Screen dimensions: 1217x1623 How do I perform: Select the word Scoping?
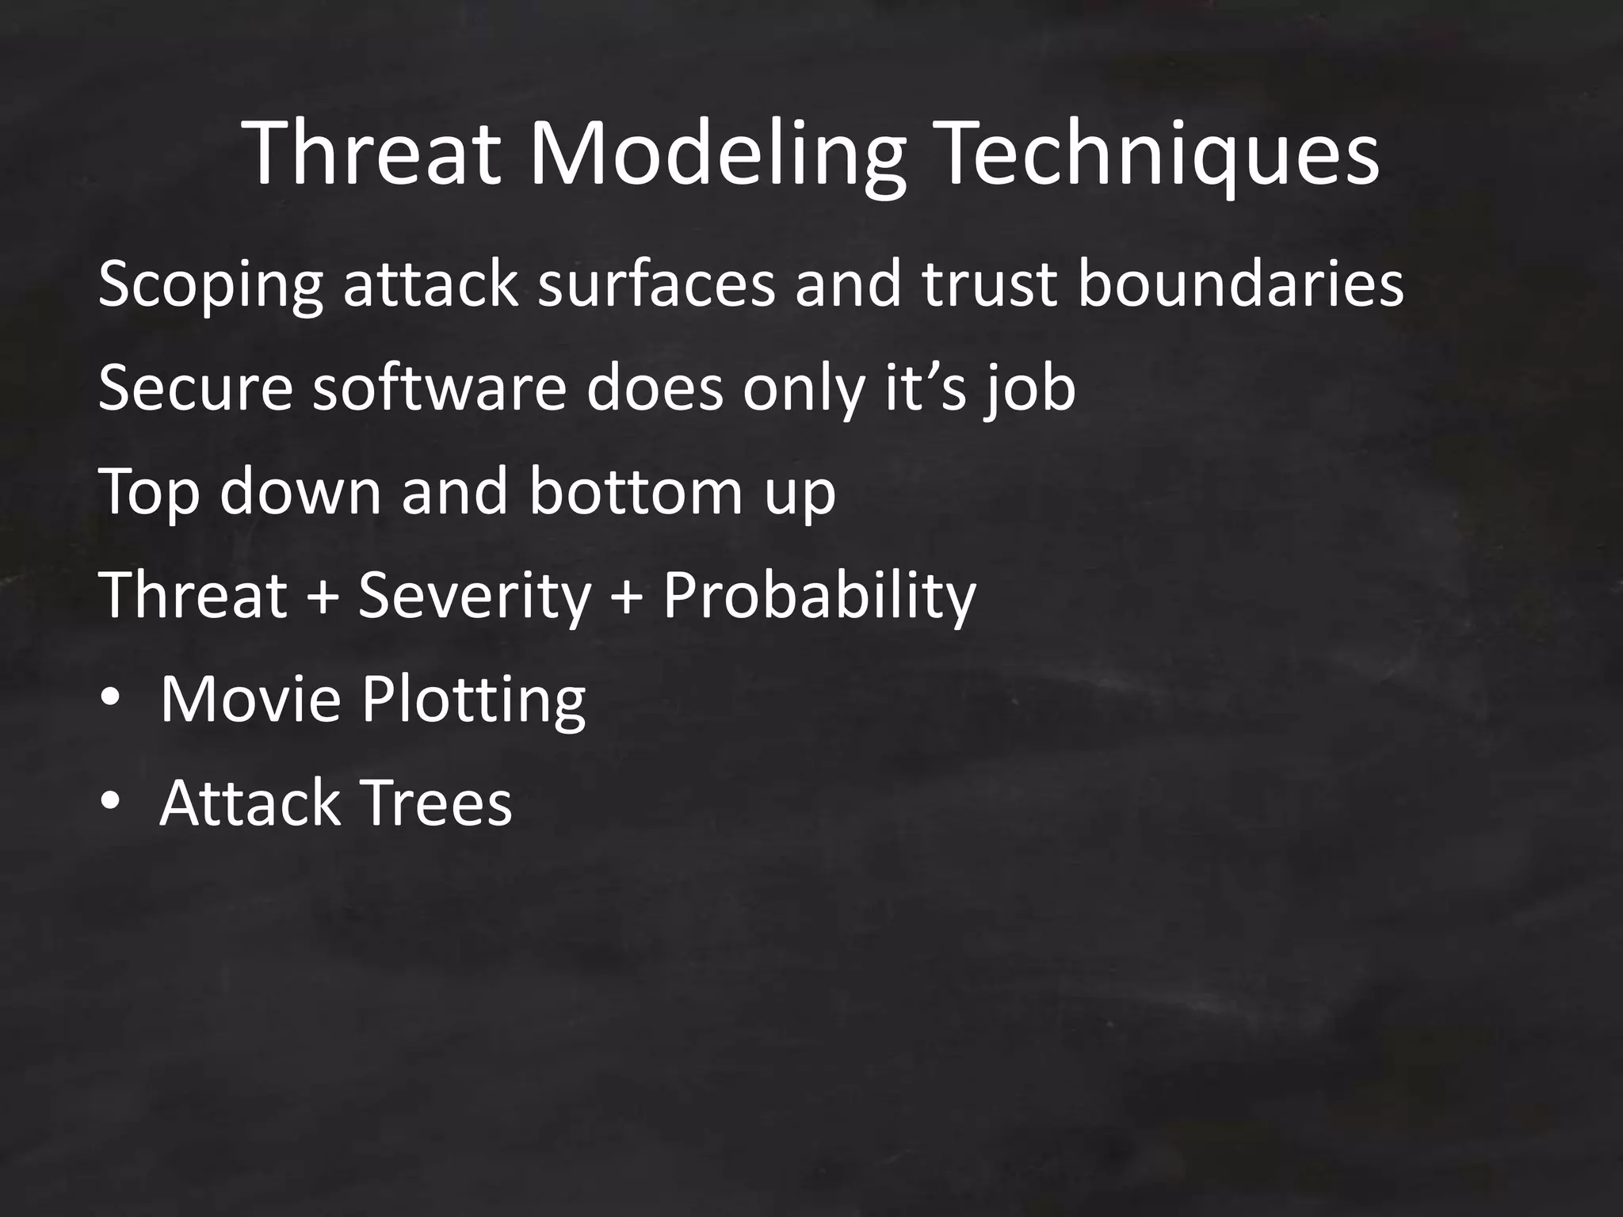pyautogui.click(x=210, y=285)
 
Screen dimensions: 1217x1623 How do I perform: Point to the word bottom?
pyautogui.click(x=634, y=492)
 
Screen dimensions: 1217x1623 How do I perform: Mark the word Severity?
pyautogui.click(x=475, y=596)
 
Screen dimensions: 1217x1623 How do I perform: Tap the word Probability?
pyautogui.click(x=819, y=596)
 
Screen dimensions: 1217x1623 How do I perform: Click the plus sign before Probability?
pyautogui.click(x=627, y=596)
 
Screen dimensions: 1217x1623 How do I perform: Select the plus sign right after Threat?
pyautogui.click(x=322, y=596)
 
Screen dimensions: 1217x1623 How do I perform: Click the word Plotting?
pyautogui.click(x=474, y=701)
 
